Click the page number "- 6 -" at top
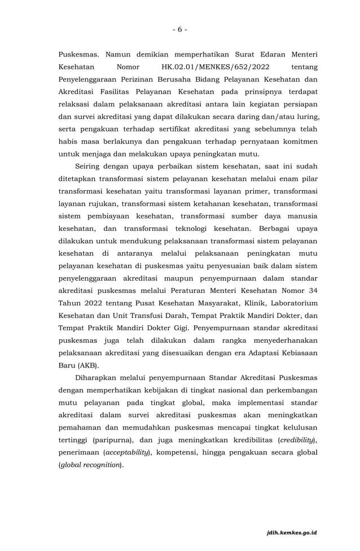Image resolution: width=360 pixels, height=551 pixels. click(x=179, y=29)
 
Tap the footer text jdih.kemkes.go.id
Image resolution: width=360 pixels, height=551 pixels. click(x=291, y=532)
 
